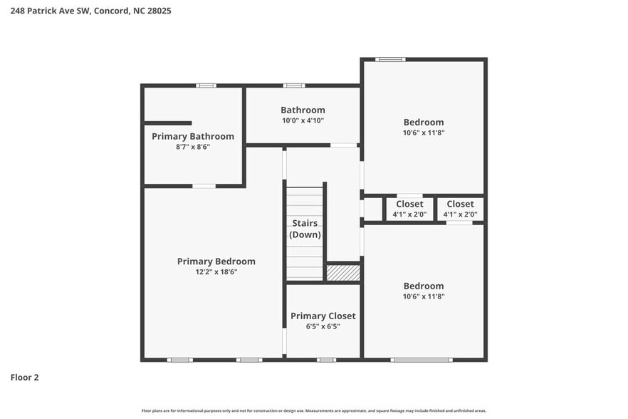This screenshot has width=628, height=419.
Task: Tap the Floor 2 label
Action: (x=24, y=377)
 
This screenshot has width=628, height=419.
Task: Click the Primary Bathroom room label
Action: (x=193, y=136)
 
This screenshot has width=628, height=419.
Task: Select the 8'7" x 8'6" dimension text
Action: (x=193, y=147)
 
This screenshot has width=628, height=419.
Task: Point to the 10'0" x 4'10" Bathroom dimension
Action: (x=303, y=120)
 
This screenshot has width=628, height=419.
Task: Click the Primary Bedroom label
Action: (x=216, y=262)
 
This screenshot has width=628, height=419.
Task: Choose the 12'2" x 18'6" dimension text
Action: (x=216, y=271)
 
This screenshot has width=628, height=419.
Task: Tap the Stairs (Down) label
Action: (x=305, y=229)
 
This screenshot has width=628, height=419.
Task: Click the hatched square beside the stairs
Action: (x=343, y=272)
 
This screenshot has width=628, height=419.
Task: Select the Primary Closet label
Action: (x=323, y=316)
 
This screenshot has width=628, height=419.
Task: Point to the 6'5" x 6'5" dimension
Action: (x=323, y=326)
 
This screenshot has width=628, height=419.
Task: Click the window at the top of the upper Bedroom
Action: (x=390, y=59)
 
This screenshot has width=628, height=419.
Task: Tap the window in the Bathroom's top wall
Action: (x=293, y=86)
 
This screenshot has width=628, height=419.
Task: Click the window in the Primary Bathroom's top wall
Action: (x=206, y=86)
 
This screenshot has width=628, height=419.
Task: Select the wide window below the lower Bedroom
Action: (x=422, y=360)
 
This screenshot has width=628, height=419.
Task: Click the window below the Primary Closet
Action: (x=326, y=360)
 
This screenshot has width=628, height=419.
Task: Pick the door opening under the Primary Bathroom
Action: (x=204, y=186)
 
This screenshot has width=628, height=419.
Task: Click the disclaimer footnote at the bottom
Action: (x=314, y=410)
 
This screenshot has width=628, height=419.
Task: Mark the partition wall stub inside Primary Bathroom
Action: (x=168, y=123)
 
